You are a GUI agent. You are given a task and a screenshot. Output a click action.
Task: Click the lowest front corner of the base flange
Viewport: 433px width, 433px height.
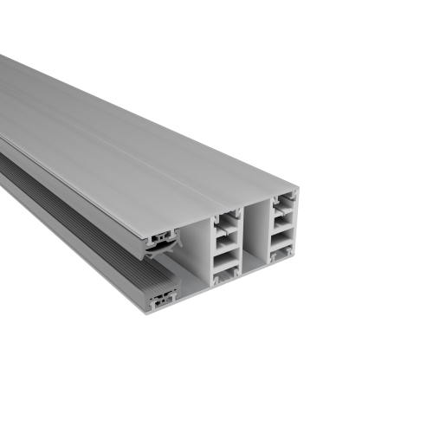pyautogui.click(x=146, y=313)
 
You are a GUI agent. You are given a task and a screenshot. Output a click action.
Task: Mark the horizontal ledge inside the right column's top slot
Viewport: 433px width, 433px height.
pyautogui.click(x=283, y=216)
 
